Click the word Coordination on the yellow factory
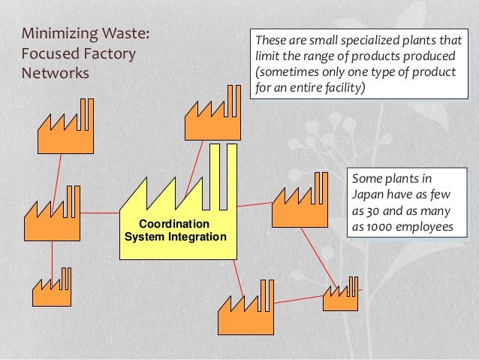click(176, 225)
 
